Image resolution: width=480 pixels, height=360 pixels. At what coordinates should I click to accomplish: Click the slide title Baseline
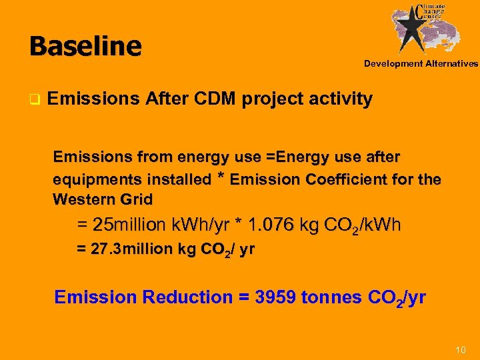(x=85, y=46)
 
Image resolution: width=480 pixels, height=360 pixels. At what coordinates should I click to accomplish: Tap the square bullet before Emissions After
(x=33, y=101)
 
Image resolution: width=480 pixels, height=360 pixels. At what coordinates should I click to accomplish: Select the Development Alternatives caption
(x=421, y=64)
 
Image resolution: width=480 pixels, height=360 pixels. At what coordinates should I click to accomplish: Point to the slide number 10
(x=460, y=350)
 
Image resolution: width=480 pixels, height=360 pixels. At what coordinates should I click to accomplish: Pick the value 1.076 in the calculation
(x=273, y=225)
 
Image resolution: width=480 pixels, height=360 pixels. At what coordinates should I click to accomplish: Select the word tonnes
(x=333, y=297)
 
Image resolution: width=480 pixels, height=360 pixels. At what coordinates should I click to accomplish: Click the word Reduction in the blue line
(x=188, y=297)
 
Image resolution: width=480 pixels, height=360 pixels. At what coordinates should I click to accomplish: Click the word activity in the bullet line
(x=339, y=99)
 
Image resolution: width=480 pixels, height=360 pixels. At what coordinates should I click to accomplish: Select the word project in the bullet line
(x=272, y=99)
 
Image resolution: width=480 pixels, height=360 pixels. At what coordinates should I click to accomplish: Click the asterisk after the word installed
(x=219, y=177)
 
